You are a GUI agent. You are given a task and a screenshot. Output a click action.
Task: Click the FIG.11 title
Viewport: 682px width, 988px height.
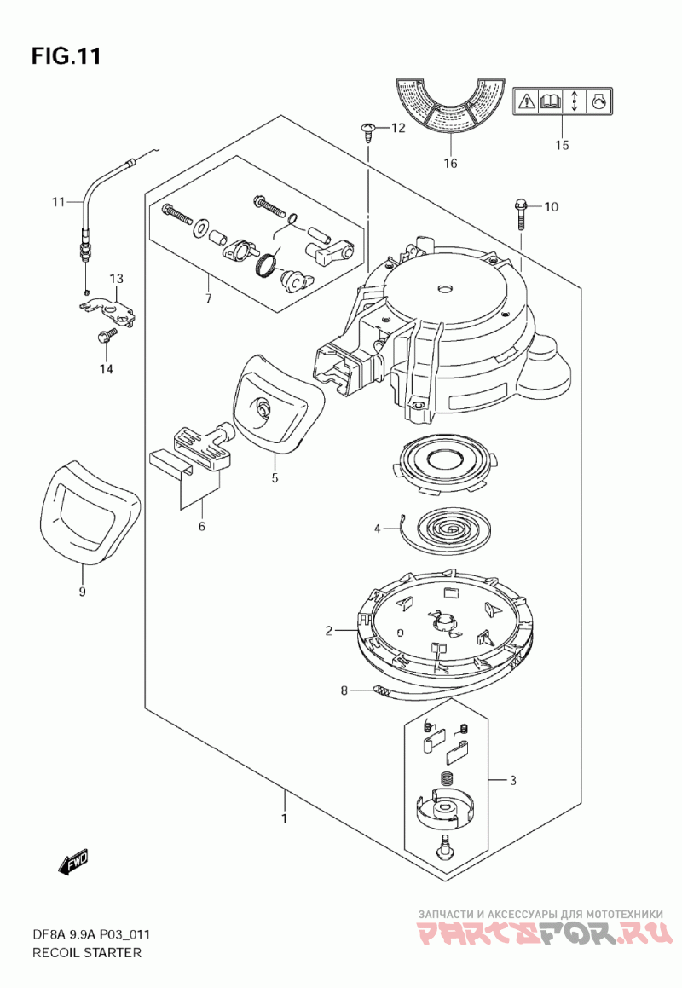pyautogui.click(x=66, y=56)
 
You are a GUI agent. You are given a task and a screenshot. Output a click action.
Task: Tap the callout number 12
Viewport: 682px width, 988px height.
pyautogui.click(x=398, y=129)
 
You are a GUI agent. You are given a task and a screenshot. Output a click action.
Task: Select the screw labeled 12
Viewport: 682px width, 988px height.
pyautogui.click(x=367, y=131)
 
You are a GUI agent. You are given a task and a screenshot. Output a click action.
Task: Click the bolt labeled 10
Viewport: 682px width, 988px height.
pyautogui.click(x=521, y=214)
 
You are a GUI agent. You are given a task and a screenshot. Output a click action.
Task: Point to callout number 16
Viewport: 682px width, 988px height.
pyautogui.click(x=450, y=164)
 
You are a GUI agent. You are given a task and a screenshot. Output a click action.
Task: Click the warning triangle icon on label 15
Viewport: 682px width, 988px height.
pyautogui.click(x=527, y=101)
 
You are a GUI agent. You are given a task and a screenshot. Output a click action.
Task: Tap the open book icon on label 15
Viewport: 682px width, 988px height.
pyautogui.click(x=551, y=101)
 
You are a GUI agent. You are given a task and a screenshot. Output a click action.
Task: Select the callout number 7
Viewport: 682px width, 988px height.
pyautogui.click(x=207, y=298)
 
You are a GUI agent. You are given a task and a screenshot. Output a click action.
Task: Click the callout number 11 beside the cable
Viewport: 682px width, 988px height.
pyautogui.click(x=58, y=202)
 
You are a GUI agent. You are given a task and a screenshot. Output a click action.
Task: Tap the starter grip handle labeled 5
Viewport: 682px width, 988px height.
pyautogui.click(x=275, y=403)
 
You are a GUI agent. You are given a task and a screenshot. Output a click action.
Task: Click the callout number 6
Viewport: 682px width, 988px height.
pyautogui.click(x=202, y=527)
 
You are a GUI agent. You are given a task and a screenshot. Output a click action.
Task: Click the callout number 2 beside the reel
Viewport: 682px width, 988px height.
pyautogui.click(x=328, y=630)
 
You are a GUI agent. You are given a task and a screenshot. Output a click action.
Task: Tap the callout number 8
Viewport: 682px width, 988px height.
pyautogui.click(x=344, y=690)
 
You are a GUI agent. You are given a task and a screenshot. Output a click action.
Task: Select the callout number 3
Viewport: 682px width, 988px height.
pyautogui.click(x=513, y=781)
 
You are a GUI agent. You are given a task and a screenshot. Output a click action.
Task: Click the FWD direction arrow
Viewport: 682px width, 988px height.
pyautogui.click(x=74, y=863)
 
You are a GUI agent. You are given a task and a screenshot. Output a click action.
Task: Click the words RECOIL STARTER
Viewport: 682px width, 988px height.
pyautogui.click(x=86, y=952)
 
